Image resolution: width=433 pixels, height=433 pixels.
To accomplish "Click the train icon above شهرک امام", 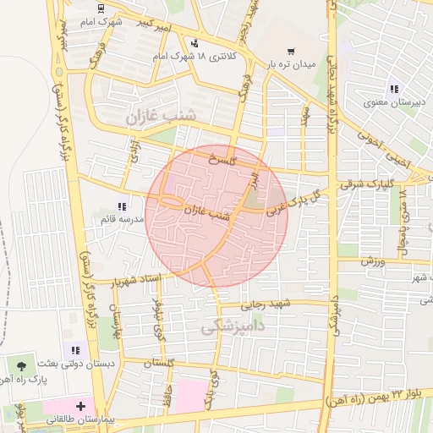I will pos(102,9).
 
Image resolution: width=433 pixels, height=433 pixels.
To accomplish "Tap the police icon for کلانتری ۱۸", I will pos(196,43).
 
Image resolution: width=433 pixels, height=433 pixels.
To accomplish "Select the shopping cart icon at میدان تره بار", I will pos(291,51).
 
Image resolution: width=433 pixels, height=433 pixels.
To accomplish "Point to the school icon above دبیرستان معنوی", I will pos(393,89).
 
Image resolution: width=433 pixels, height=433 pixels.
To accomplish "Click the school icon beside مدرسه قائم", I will pos(123,206).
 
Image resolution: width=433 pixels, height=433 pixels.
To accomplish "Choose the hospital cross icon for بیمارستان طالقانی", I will pos(80,406).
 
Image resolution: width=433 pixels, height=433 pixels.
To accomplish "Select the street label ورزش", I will pos(373,261).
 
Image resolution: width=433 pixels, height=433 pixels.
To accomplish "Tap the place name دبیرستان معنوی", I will pos(386,105).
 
